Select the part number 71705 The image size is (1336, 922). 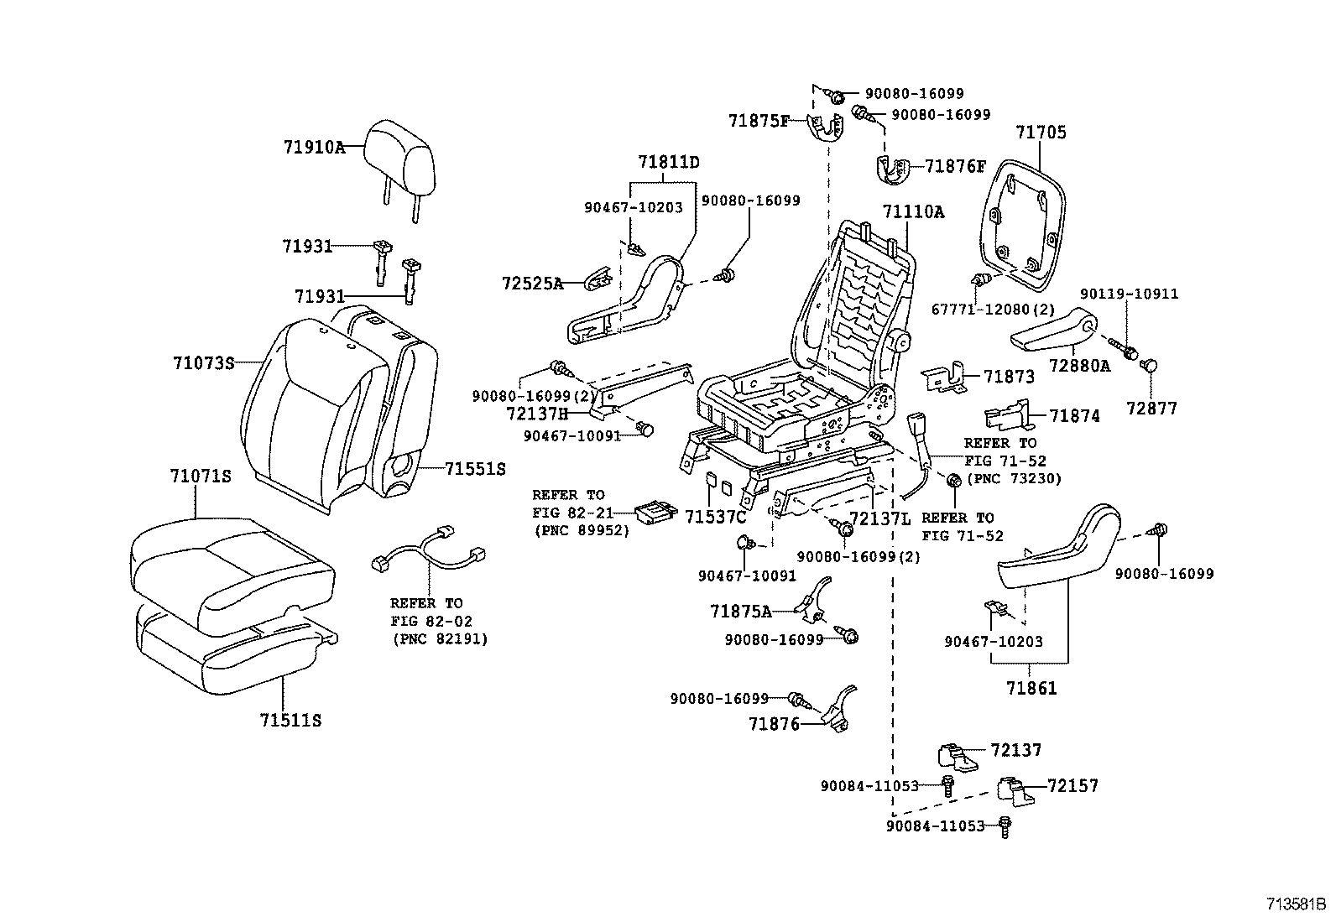point(1041,133)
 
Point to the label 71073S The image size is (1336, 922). point(203,363)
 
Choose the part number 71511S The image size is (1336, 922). point(290,720)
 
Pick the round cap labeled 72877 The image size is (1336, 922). point(1151,366)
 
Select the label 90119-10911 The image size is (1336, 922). point(1129,294)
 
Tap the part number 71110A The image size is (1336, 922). point(912,212)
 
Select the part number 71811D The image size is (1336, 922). point(668,161)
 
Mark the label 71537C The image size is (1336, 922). point(715,517)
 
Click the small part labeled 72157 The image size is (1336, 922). point(1010,789)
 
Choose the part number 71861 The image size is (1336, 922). point(1031,689)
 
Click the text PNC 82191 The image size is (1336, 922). point(440,639)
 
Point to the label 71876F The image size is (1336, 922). point(955,166)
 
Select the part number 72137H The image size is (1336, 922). point(537,414)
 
